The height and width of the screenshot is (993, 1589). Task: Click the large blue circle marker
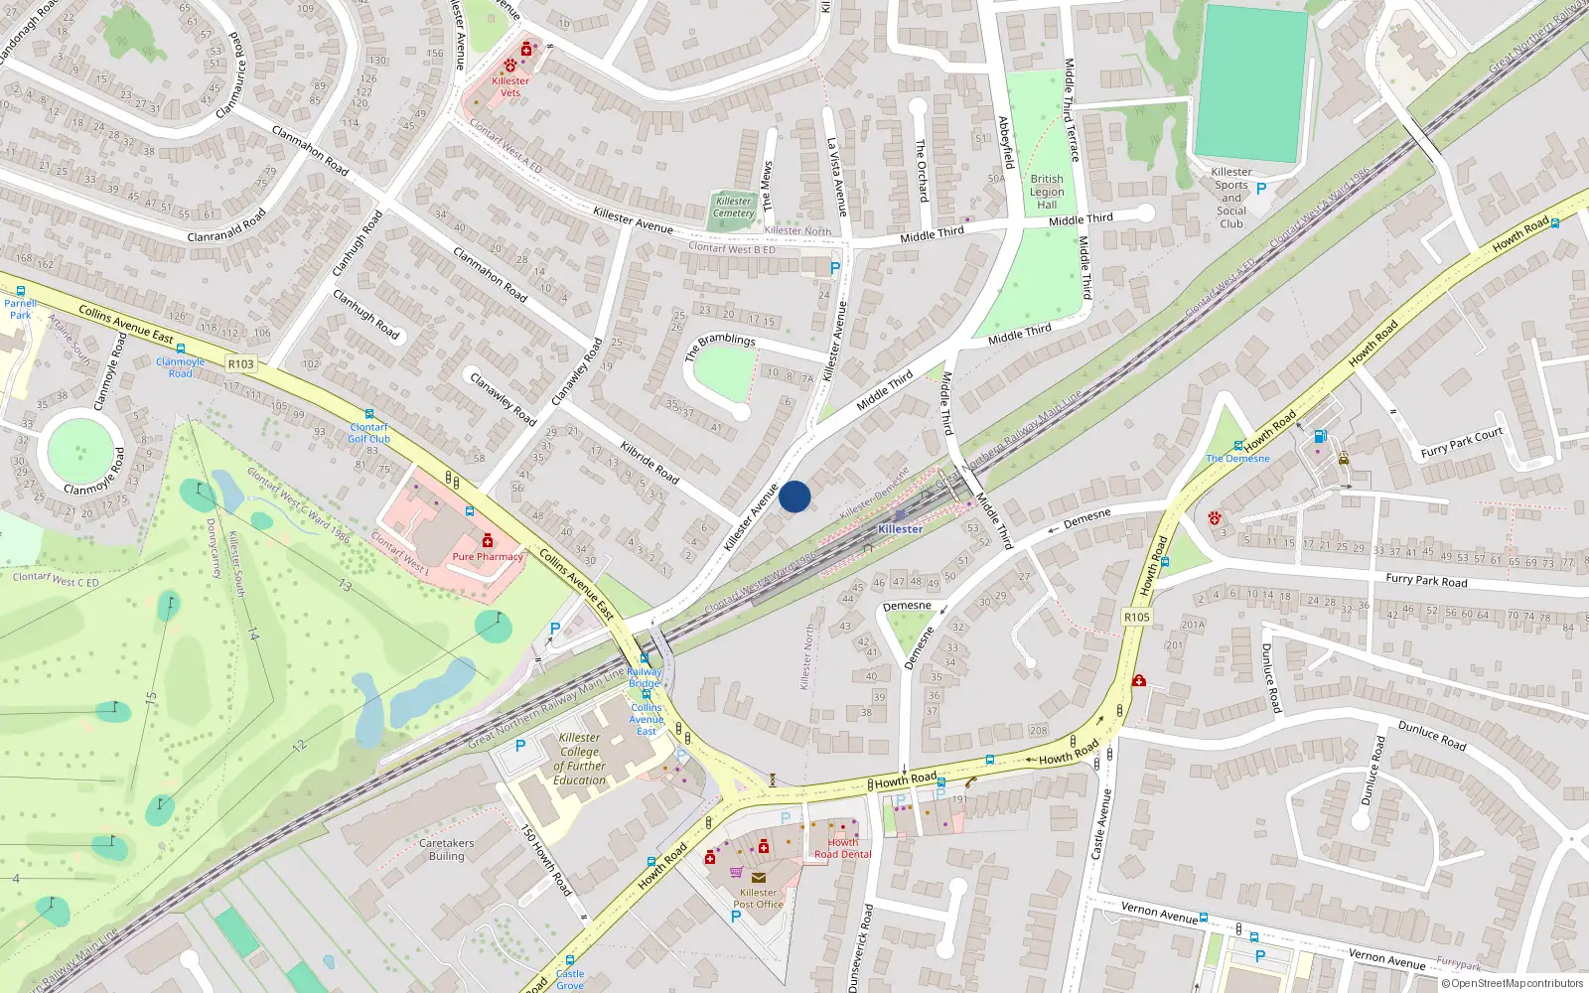click(794, 496)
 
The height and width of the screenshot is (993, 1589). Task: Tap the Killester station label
click(900, 529)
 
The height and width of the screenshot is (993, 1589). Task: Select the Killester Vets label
click(509, 86)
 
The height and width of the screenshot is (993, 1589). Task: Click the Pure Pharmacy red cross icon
click(488, 540)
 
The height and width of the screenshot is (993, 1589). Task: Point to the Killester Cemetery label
click(734, 207)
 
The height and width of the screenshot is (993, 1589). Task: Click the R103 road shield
click(241, 364)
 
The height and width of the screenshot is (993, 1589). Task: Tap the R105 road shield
click(1137, 617)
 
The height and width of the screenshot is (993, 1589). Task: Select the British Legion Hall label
click(1047, 192)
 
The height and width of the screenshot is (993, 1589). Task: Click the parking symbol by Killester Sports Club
click(1261, 189)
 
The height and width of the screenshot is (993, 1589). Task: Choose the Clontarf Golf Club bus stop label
click(368, 433)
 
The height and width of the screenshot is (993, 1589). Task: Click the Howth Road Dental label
click(842, 848)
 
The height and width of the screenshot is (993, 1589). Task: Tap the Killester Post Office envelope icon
click(759, 878)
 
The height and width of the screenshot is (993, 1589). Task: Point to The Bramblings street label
click(720, 347)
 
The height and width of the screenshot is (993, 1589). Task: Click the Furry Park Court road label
click(1461, 443)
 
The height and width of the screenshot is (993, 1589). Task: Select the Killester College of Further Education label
click(580, 759)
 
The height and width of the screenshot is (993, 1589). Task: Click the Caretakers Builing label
click(447, 849)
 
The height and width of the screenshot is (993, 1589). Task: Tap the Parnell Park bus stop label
click(20, 309)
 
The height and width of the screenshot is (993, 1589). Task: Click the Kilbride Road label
click(650, 463)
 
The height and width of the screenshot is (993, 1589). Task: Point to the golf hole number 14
click(253, 633)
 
